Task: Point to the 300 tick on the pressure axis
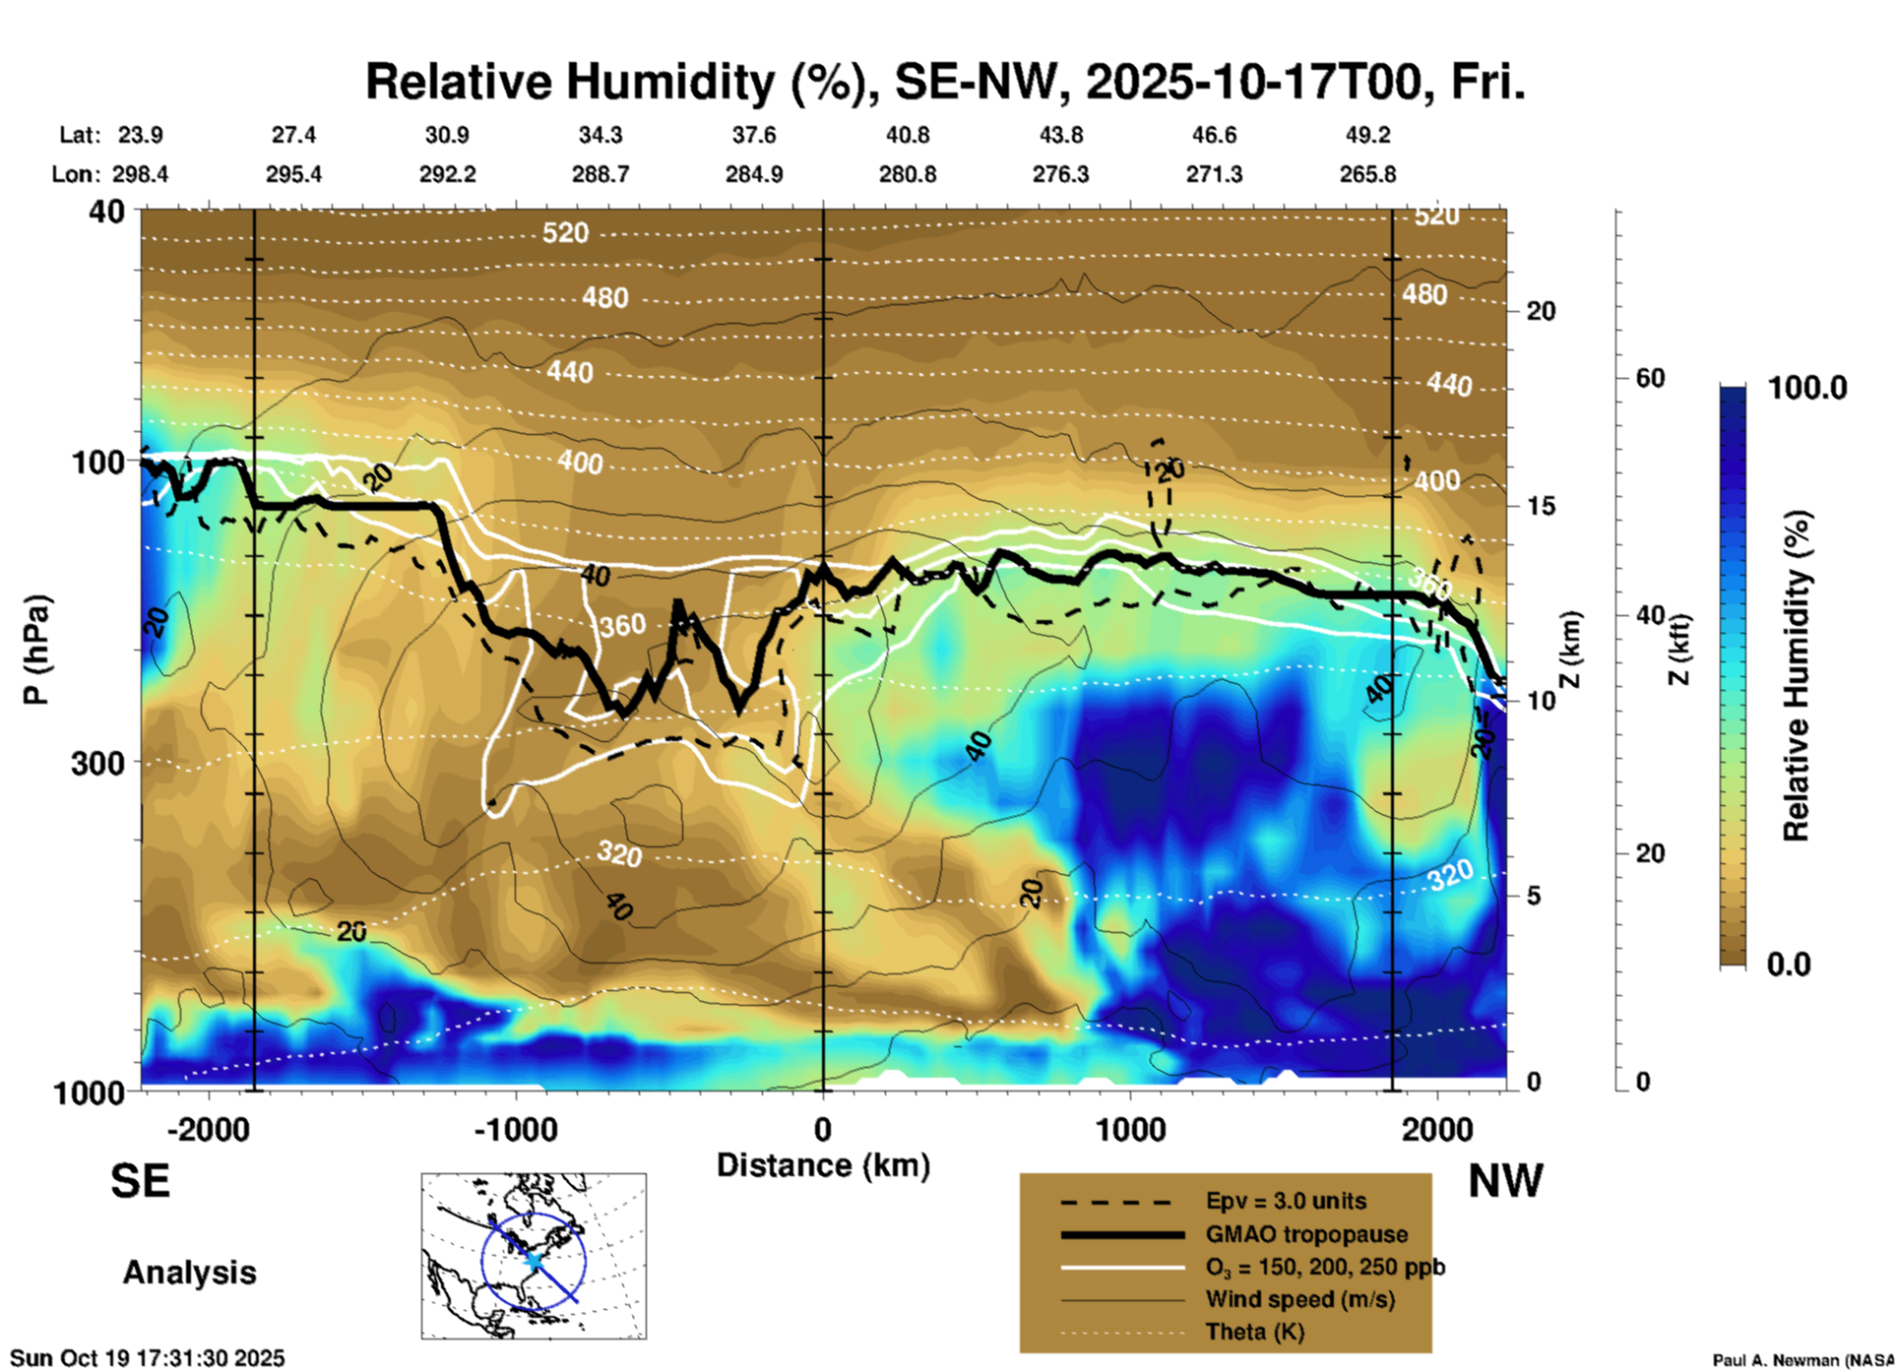pyautogui.click(x=97, y=763)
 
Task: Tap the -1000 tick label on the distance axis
pyautogui.click(x=516, y=1129)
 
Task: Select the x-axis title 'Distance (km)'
pyautogui.click(x=823, y=1165)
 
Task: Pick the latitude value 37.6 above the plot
pyautogui.click(x=754, y=135)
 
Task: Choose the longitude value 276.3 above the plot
pyautogui.click(x=1060, y=174)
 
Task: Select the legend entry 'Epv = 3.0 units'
pyautogui.click(x=1286, y=1201)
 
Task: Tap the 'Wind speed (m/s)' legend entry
pyautogui.click(x=1299, y=1299)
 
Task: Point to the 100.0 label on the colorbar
pyautogui.click(x=1807, y=388)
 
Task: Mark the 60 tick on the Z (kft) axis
pyautogui.click(x=1650, y=378)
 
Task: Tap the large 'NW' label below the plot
pyautogui.click(x=1505, y=1181)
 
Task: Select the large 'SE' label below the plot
pyautogui.click(x=140, y=1181)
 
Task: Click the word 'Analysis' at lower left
pyautogui.click(x=189, y=1273)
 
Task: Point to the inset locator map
pyautogui.click(x=534, y=1256)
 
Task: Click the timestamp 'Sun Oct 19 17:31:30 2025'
pyautogui.click(x=147, y=1358)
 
